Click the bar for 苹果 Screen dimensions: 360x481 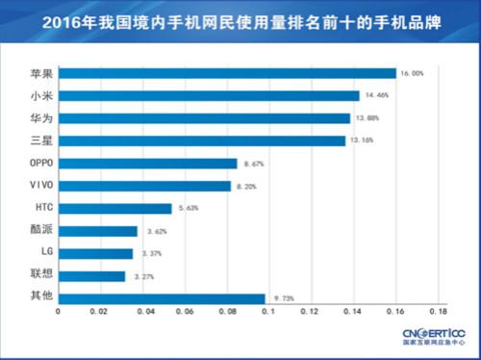coord(227,73)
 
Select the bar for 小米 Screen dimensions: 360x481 coord(209,95)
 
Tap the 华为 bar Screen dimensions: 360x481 coord(204,118)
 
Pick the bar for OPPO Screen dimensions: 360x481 coord(147,163)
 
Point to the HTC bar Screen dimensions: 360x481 coord(114,208)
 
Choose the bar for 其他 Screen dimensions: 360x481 coord(162,298)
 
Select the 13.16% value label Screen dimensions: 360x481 coord(359,141)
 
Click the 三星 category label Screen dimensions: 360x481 coord(29,141)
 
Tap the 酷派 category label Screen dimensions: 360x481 coord(29,231)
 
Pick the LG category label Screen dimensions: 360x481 coord(29,253)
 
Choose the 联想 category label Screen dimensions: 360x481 coord(29,276)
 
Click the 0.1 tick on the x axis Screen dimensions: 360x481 coord(268,312)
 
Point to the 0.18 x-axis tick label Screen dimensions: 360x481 coord(438,312)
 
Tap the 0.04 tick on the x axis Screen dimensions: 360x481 coord(142,312)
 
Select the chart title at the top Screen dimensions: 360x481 coord(240,19)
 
